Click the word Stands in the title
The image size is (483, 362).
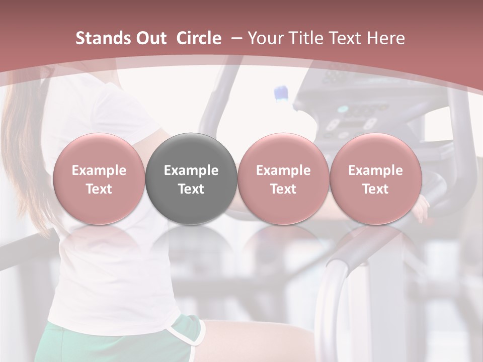click(x=103, y=38)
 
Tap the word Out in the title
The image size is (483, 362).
click(x=150, y=38)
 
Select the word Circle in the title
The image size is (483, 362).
click(x=199, y=38)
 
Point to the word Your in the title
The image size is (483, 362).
click(x=266, y=38)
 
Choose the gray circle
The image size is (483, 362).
click(x=191, y=178)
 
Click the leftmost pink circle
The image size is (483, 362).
click(x=99, y=178)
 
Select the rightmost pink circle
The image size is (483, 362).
click(x=375, y=178)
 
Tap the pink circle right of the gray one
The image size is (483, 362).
click(x=283, y=178)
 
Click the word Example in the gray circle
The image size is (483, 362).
click(x=191, y=170)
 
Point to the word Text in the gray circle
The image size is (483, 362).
click(x=191, y=189)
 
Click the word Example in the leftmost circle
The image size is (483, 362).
click(x=99, y=170)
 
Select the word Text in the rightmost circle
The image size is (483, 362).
click(x=375, y=189)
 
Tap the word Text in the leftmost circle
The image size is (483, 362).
click(x=99, y=189)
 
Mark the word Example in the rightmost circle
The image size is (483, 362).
click(x=375, y=170)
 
